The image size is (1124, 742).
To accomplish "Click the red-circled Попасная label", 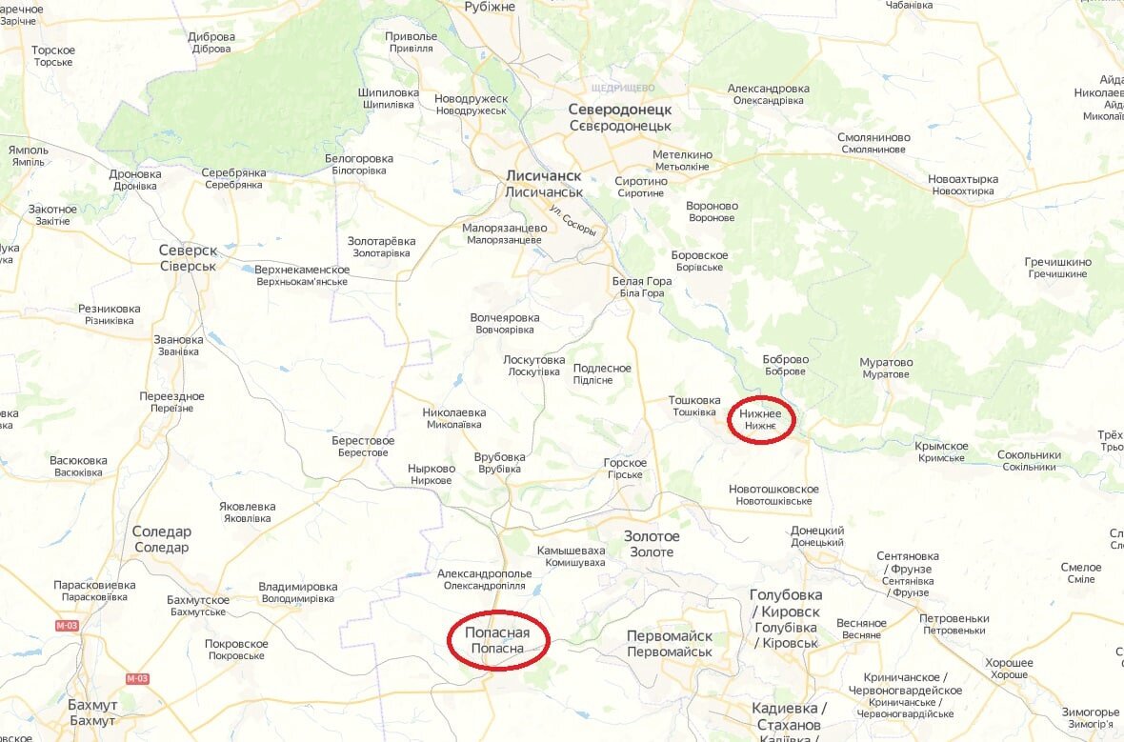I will coord(499,640).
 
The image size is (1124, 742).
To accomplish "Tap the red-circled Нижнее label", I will coord(760,419).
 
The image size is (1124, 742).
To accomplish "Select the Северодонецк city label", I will coord(620,117).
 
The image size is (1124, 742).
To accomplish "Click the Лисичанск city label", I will coord(544,184).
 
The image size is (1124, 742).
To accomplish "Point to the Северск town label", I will coord(188,258).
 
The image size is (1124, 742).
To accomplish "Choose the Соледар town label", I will coord(161,539).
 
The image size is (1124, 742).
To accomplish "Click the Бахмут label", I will coord(92,712).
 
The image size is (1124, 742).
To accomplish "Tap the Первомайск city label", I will coord(670,643).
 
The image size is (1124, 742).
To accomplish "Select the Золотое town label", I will coord(652,544).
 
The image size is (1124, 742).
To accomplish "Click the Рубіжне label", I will coord(490,7).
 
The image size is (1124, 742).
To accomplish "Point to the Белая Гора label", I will coord(641,287).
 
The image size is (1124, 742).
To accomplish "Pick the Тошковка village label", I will coord(693,406).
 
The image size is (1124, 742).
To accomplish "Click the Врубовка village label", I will coord(499,463).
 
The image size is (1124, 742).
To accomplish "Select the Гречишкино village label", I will coord(1057,268).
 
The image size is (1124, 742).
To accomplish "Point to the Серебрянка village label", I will coord(233,178).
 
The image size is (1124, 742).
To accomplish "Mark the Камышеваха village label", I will coord(571,556).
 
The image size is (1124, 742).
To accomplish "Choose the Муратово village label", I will coord(885,368).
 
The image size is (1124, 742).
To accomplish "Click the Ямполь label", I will coord(28,155).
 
